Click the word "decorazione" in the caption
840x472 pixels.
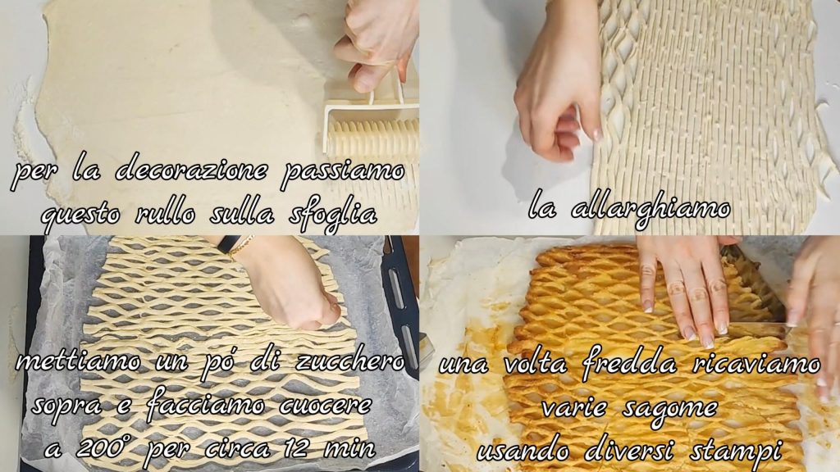(190, 170)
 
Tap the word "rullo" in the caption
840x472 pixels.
(166, 214)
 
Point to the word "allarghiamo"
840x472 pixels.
(651, 209)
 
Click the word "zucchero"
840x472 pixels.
(349, 361)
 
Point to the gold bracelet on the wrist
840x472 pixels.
(243, 246)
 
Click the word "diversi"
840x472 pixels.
(628, 450)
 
